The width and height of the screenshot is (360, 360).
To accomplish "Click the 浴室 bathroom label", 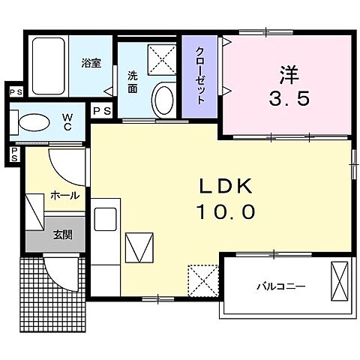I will [x=91, y=64].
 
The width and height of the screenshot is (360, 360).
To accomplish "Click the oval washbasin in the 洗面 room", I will [x=162, y=98].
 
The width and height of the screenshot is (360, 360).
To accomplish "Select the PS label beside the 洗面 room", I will [x=102, y=110].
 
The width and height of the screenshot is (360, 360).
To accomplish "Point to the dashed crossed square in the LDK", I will [x=202, y=280].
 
